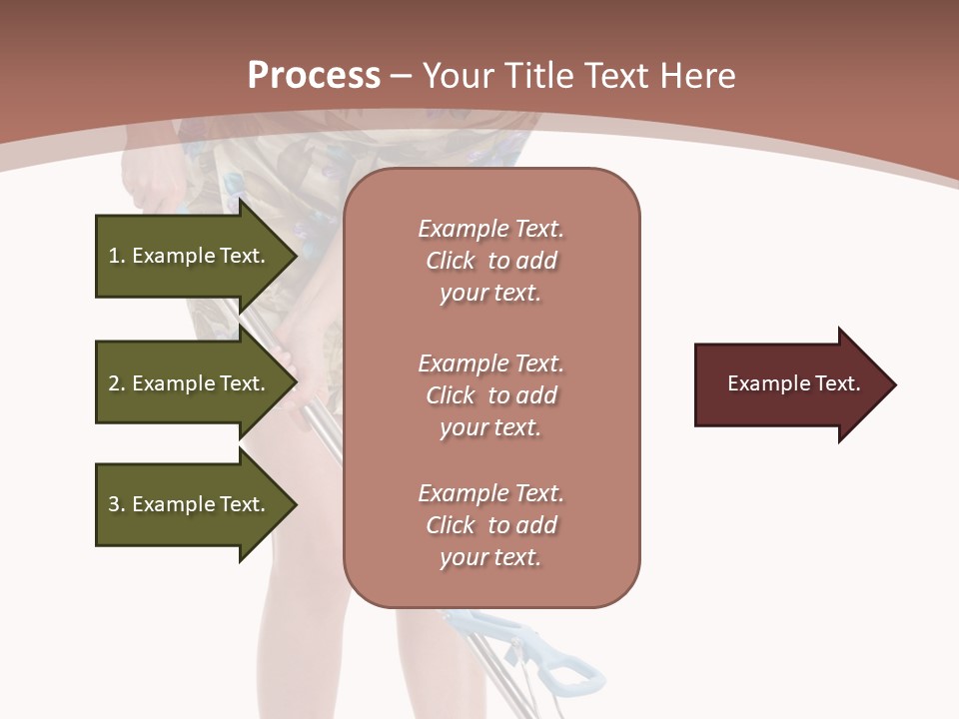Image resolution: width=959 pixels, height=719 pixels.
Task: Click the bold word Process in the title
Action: pos(314,76)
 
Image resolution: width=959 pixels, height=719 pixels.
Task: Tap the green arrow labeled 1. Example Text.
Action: pos(190,256)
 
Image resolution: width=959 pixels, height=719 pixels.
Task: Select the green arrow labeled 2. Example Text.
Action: pos(190,383)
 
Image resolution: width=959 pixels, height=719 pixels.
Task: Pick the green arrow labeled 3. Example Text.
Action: pos(190,504)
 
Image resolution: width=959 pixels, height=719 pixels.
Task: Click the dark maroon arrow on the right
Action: pos(789,384)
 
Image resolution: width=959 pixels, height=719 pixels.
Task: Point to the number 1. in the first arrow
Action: pos(117,256)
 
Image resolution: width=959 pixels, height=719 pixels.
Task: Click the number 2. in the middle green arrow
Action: pos(117,383)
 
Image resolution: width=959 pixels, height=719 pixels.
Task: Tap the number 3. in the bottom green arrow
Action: pos(117,504)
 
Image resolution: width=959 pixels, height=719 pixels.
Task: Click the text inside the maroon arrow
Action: pos(794,383)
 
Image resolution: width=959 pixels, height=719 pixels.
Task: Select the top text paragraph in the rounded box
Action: pos(491,261)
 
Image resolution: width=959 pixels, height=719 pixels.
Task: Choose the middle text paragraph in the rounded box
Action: pos(491,394)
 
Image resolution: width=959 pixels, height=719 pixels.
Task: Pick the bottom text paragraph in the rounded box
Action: pos(491,525)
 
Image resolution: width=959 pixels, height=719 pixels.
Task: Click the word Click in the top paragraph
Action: pos(451,261)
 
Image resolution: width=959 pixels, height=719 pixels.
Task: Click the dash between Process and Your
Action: pos(402,76)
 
